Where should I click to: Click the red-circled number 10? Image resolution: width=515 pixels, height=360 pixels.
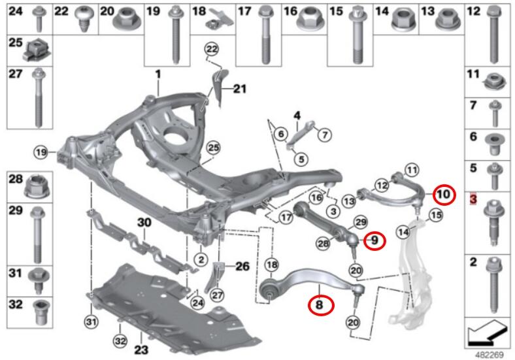coord(444,195)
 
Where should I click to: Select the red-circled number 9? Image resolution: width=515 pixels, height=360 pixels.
coord(374,240)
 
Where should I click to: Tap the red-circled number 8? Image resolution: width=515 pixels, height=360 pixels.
coord(320,305)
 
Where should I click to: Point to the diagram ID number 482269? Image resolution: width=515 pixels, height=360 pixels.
coord(489,355)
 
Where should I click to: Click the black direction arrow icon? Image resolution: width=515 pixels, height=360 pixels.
coord(486,334)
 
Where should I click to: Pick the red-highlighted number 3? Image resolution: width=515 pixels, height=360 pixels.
coord(473,199)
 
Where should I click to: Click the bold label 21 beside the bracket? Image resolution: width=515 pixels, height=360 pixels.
coord(239,89)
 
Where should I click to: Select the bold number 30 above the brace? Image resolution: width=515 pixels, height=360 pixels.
coord(144,223)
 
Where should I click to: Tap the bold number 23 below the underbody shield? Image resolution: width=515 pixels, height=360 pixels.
coord(141,350)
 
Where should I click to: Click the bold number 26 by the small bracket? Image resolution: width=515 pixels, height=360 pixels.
coord(242,266)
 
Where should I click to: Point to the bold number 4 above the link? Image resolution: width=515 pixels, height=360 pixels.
coord(297,116)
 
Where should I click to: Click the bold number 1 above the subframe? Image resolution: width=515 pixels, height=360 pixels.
coord(158,74)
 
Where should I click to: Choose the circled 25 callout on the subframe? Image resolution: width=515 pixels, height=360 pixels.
coord(214,148)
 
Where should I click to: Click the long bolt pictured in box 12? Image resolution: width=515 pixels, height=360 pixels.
coord(493,35)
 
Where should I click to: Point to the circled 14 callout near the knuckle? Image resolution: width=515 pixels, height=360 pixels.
coord(404,232)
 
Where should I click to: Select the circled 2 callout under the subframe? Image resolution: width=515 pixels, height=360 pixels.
coord(201,260)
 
